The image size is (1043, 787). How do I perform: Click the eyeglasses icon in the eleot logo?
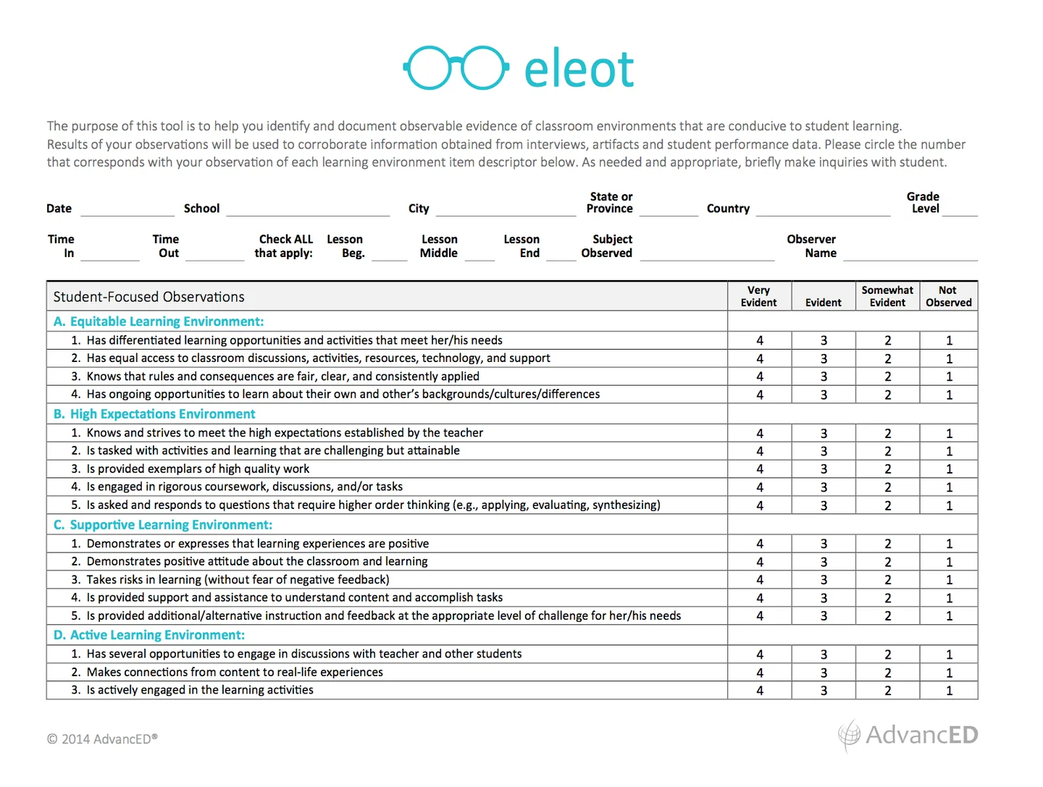455,68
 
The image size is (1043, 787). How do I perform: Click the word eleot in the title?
579,70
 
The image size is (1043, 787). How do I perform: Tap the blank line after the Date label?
127,211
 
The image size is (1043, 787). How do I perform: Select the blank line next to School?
308,211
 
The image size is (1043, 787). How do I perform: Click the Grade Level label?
923,203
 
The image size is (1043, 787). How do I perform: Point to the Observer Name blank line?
910,255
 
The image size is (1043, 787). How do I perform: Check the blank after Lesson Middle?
479,255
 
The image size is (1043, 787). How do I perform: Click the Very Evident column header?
758,296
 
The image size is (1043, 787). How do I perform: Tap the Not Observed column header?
948,296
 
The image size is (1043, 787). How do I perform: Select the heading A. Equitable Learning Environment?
159,321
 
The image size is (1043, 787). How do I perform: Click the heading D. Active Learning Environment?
149,635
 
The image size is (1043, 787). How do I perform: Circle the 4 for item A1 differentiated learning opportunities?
760,340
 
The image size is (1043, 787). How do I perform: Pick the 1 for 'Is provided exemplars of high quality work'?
949,469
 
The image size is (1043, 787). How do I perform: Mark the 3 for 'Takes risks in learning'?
824,580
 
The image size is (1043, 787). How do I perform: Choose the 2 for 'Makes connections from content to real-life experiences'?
888,673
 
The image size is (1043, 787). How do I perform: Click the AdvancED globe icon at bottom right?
849,735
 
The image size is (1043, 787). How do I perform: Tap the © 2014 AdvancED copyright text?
102,739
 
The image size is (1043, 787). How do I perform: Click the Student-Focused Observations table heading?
148,297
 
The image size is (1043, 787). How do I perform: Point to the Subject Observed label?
607,246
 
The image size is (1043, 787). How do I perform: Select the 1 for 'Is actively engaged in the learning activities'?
949,691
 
